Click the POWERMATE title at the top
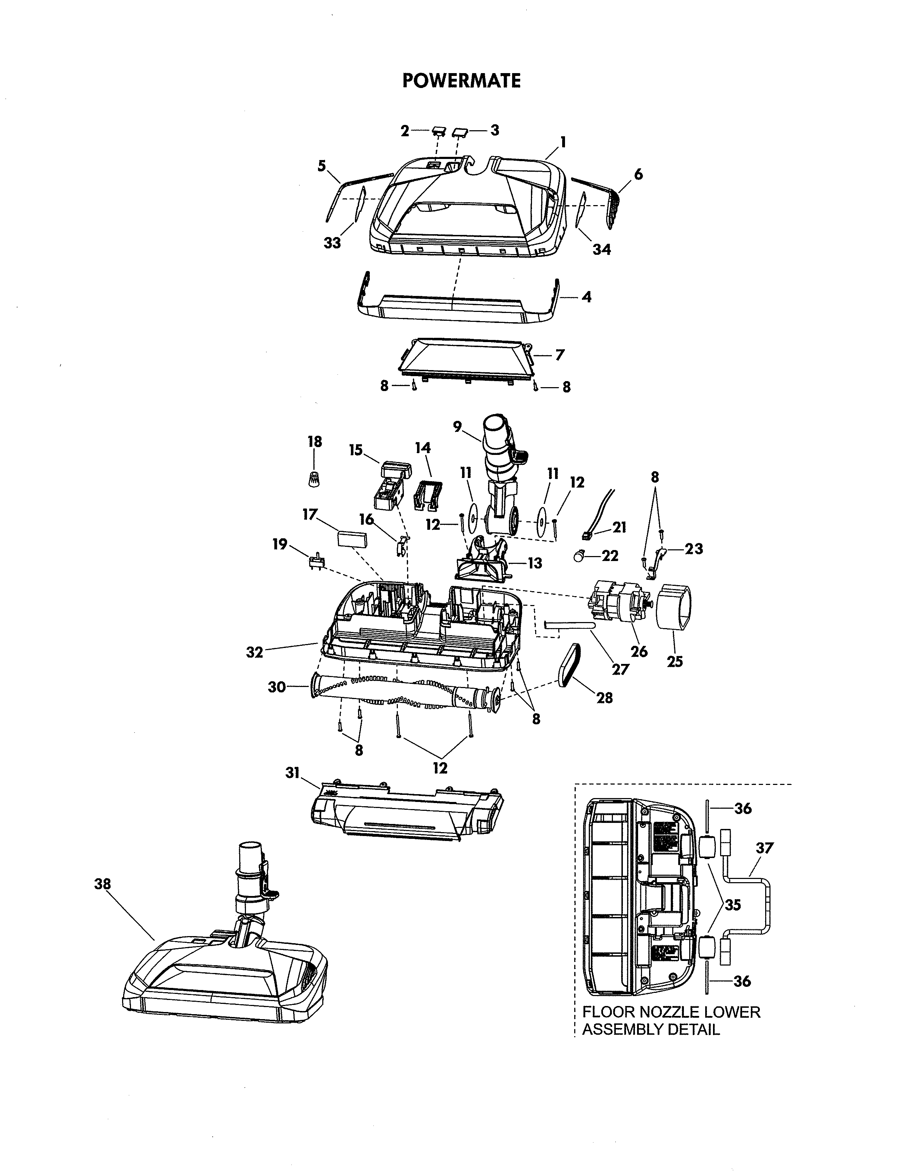click(461, 81)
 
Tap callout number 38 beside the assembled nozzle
click(103, 884)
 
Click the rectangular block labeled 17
click(352, 538)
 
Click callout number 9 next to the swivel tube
click(457, 427)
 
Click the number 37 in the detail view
click(764, 848)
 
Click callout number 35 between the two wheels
click(733, 905)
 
